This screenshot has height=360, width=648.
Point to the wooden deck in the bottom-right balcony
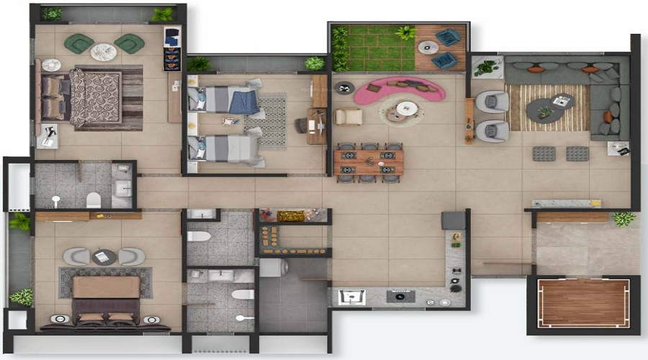click(584, 302)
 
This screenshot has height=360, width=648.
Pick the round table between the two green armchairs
click(104, 51)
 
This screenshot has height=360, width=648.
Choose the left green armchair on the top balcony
click(78, 44)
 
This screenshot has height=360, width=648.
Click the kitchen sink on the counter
click(352, 297)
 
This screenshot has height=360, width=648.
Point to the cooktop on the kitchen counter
click(400, 295)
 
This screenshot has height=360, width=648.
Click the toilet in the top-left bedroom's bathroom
click(94, 199)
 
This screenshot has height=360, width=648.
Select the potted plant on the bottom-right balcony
click(624, 218)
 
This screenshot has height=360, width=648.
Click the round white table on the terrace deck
click(428, 48)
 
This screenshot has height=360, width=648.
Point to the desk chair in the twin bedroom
click(301, 125)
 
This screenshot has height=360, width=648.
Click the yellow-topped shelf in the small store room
click(291, 215)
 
